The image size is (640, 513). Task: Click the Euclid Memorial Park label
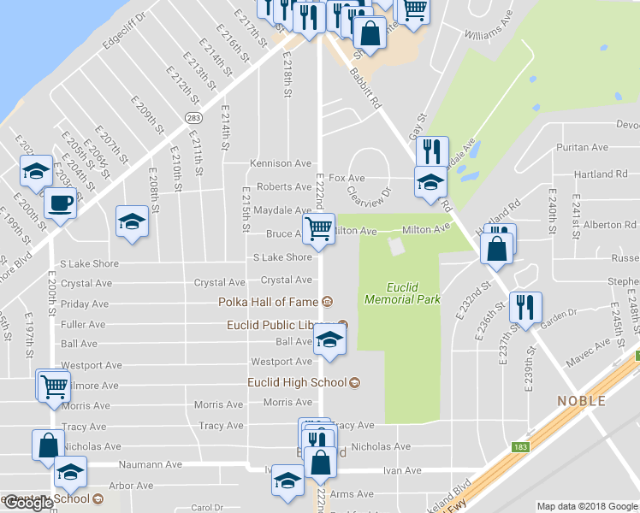pyautogui.click(x=401, y=293)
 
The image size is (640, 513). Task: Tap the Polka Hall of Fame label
pyautogui.click(x=267, y=302)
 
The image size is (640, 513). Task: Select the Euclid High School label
pyautogui.click(x=297, y=382)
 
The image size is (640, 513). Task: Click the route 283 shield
pyautogui.click(x=193, y=117)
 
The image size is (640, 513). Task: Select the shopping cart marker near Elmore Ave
pyautogui.click(x=53, y=386)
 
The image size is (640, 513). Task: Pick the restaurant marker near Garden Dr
pyautogui.click(x=524, y=309)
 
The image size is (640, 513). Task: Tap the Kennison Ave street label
pyautogui.click(x=280, y=163)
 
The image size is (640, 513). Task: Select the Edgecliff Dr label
pyautogui.click(x=124, y=30)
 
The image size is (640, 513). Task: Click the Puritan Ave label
pyautogui.click(x=581, y=147)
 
